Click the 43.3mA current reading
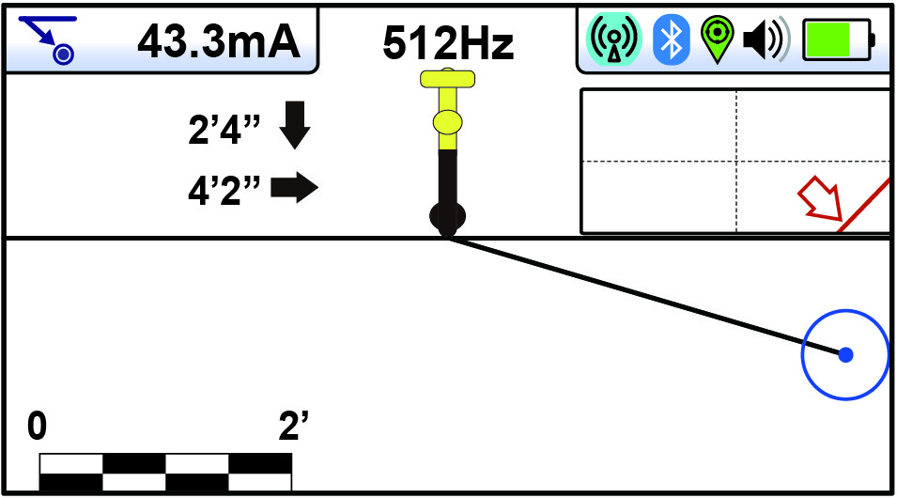219,40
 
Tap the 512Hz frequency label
448,43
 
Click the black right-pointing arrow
295,189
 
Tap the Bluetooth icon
671,39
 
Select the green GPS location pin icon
717,39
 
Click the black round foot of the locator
448,216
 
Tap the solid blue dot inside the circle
845,354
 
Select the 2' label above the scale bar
293,428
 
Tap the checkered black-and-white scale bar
165,472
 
